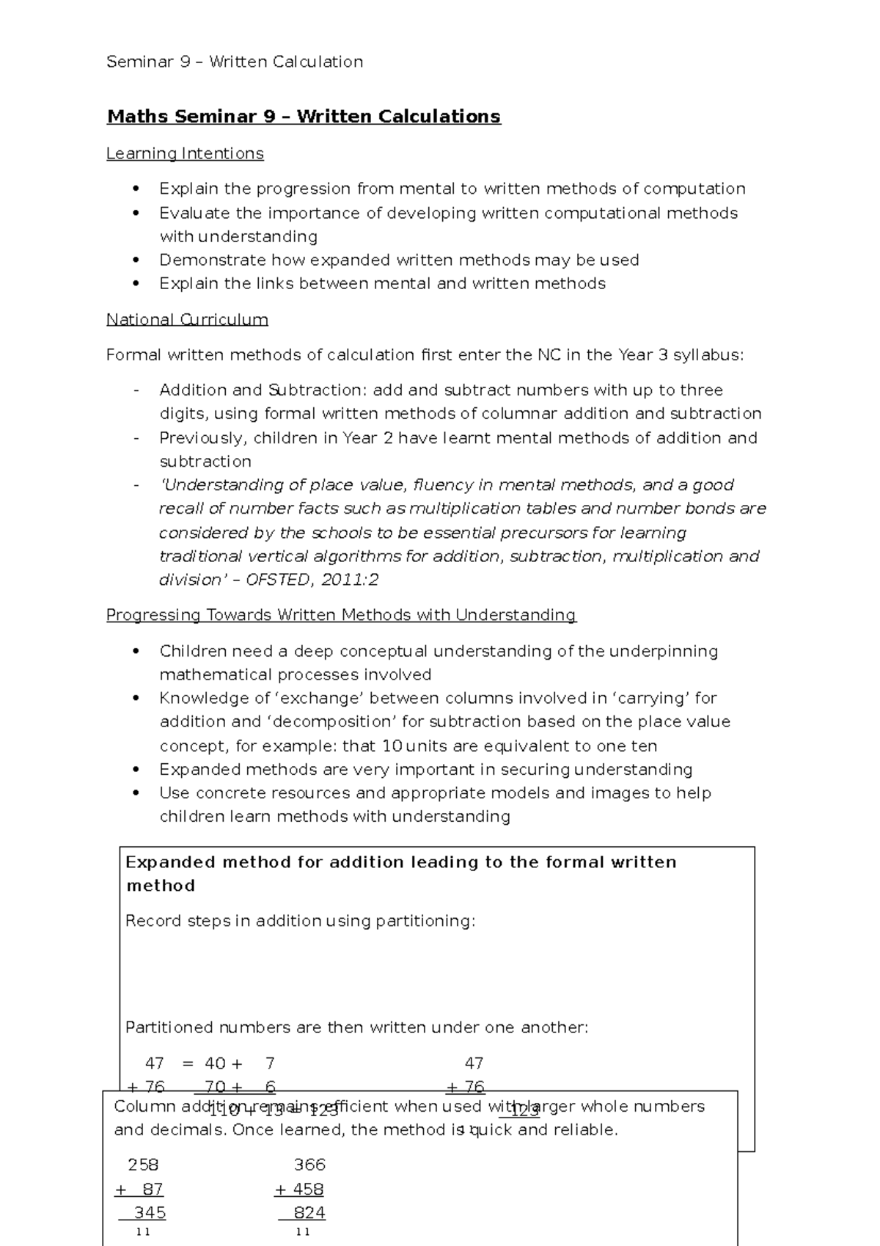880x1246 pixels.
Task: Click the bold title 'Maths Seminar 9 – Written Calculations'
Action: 304,117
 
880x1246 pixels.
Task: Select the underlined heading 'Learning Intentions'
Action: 185,153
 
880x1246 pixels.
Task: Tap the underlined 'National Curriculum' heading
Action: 187,320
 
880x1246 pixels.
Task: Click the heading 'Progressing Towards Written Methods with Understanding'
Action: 341,615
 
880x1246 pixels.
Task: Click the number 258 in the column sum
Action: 143,1165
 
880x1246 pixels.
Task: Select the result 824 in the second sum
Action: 309,1212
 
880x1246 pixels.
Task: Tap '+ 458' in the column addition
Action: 299,1189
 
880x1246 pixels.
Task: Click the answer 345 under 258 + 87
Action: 149,1212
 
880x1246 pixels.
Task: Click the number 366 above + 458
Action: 309,1165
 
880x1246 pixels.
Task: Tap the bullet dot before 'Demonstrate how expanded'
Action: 136,261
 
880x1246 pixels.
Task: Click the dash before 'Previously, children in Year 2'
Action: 136,438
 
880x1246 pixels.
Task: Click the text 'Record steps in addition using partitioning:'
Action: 300,921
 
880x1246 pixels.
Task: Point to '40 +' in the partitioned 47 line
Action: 223,1063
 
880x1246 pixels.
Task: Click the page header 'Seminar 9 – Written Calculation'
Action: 235,62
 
